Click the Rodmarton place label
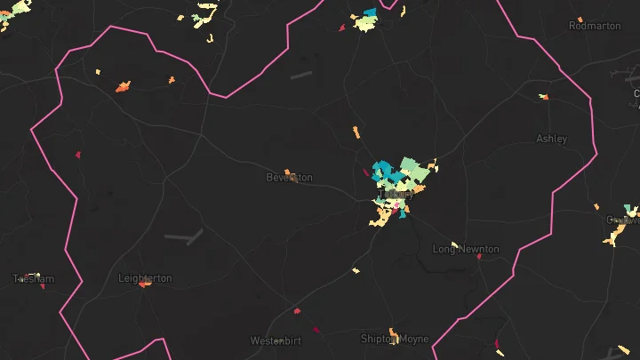click(x=596, y=26)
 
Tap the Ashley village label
click(x=551, y=139)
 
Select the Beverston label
click(x=290, y=178)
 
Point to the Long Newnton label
click(x=466, y=250)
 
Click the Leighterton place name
click(x=145, y=278)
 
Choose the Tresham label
click(x=34, y=279)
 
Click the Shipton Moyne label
click(x=395, y=339)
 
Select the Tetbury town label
click(x=396, y=194)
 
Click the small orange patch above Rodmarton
click(x=580, y=19)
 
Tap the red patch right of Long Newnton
click(x=480, y=257)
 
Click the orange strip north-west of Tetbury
click(x=356, y=132)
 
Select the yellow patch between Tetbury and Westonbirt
click(x=356, y=270)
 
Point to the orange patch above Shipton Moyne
click(x=392, y=330)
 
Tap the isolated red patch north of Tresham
click(x=77, y=155)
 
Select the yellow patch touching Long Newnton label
click(x=454, y=244)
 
